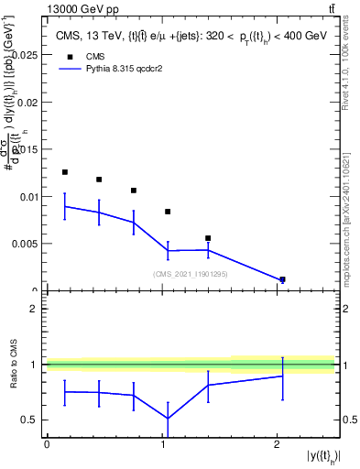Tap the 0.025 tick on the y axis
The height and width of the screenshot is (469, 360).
pos(25,55)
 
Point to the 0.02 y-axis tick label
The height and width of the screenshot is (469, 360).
pos(27,102)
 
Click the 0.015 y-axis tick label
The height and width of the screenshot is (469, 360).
pos(25,149)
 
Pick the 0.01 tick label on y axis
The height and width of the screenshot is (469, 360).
pos(27,196)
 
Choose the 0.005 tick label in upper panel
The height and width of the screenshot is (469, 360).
pos(25,244)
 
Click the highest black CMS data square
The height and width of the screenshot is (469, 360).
pos(65,172)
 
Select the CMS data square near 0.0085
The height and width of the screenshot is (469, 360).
pos(168,212)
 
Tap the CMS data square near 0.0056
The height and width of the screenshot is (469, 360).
pos(209,238)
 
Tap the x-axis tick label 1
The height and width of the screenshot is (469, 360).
pos(163,445)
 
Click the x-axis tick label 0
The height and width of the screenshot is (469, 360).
pos(47,445)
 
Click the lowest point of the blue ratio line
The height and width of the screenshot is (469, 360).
pos(168,419)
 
